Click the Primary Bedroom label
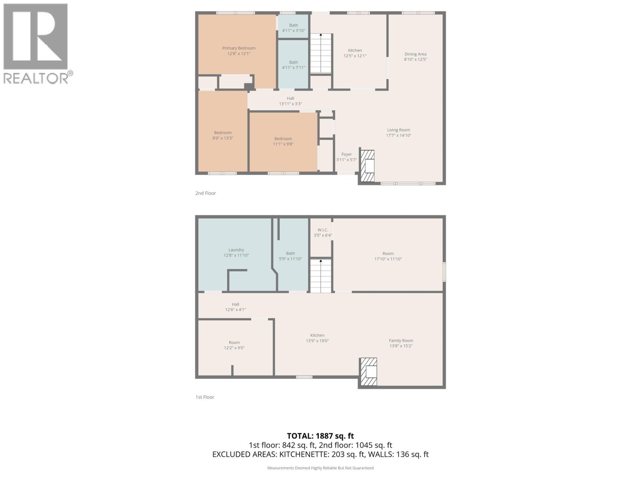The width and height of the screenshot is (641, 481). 239,48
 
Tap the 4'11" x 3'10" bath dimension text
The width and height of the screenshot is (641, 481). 294,30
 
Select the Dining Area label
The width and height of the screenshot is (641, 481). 415,54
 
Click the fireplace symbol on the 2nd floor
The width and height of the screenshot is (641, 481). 367,166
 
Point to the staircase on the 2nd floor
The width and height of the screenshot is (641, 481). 321,54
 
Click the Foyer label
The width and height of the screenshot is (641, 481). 347,154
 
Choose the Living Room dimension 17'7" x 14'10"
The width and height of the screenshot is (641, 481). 399,135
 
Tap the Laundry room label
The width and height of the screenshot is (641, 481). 236,250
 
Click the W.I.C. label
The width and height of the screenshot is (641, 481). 323,230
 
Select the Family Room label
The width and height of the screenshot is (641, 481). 401,340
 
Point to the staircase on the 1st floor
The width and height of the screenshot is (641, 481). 321,276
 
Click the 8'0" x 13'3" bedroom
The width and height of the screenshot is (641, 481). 223,135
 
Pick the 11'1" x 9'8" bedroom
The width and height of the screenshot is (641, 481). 283,141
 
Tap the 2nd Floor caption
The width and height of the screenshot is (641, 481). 206,193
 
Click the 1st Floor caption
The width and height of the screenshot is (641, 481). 205,397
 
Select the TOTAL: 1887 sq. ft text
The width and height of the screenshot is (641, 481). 320,436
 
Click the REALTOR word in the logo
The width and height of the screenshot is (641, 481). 36,78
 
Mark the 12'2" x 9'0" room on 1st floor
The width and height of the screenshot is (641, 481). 234,345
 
